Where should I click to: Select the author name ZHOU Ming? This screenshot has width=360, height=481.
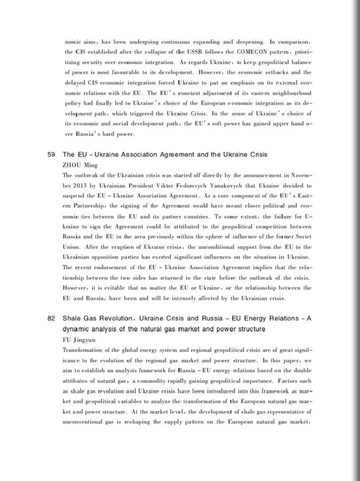click(80, 165)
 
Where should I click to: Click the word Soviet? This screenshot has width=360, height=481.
click(302, 236)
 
